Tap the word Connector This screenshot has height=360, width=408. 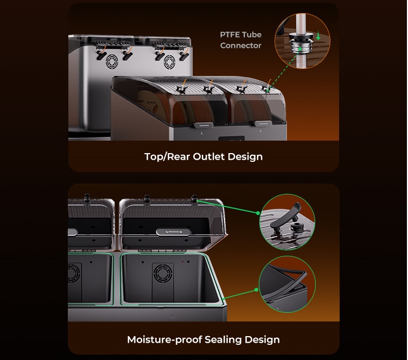tap(241, 46)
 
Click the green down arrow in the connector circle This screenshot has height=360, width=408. tap(318, 35)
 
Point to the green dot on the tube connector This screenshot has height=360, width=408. tap(299, 49)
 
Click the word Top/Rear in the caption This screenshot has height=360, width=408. tap(167, 157)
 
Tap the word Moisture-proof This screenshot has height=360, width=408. tap(164, 340)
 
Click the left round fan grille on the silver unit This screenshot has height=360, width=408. tap(112, 61)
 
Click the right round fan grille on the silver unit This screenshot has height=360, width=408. tap(169, 62)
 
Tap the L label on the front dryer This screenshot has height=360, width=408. tap(202, 134)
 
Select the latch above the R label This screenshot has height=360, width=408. tap(263, 123)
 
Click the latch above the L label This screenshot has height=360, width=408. tap(204, 125)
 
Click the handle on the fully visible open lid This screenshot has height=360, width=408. tap(173, 232)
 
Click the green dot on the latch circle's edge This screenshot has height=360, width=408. tap(258, 213)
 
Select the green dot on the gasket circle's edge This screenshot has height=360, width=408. tap(257, 289)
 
